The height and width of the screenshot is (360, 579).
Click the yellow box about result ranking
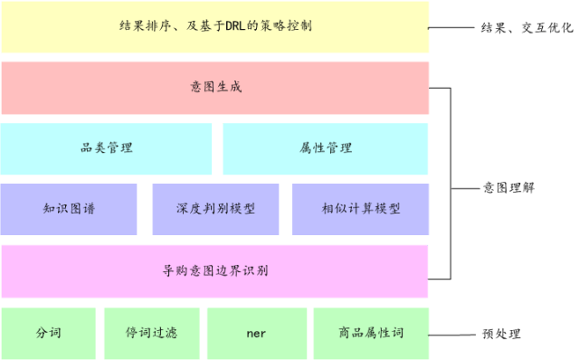click(x=214, y=27)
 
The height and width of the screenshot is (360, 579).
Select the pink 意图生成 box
click(x=214, y=88)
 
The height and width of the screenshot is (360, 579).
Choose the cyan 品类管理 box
click(x=106, y=148)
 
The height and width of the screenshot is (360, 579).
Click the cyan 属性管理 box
click(x=326, y=148)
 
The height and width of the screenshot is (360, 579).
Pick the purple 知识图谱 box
click(x=69, y=209)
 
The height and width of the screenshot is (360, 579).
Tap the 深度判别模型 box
click(x=215, y=209)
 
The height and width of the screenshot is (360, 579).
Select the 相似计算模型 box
click(x=360, y=209)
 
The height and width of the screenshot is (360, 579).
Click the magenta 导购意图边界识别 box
click(x=214, y=270)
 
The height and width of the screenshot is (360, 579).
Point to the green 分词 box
click(x=48, y=333)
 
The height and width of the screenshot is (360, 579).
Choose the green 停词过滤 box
click(x=151, y=333)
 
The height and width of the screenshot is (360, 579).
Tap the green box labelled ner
click(x=256, y=333)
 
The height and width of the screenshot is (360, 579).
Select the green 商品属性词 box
click(x=371, y=333)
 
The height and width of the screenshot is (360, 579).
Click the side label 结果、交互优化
click(x=526, y=28)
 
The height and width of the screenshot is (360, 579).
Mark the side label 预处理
click(x=501, y=334)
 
